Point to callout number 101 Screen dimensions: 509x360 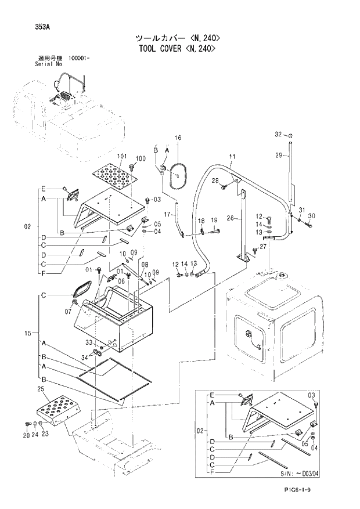pyautogui.click(x=122, y=156)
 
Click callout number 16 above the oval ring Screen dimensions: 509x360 pyautogui.click(x=178, y=138)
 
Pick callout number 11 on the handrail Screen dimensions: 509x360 pyautogui.click(x=232, y=157)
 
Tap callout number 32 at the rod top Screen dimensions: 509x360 pyautogui.click(x=278, y=135)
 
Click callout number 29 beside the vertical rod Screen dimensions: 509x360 pyautogui.click(x=278, y=155)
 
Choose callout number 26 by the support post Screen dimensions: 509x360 pyautogui.click(x=230, y=219)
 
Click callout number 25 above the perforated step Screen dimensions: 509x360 pyautogui.click(x=41, y=388)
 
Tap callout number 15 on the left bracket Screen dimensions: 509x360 pyautogui.click(x=27, y=334)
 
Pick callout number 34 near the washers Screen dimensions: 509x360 pyautogui.click(x=85, y=357)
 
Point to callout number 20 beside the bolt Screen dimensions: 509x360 pyautogui.click(x=26, y=435)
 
